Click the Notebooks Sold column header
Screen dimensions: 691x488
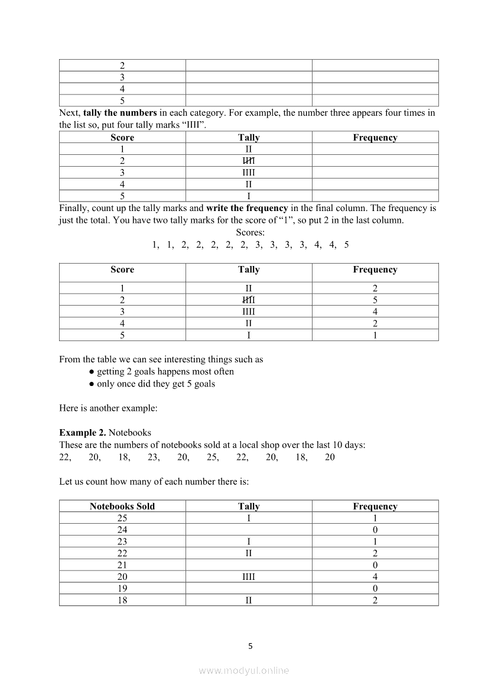tap(122, 506)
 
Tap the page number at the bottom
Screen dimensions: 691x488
tap(250, 646)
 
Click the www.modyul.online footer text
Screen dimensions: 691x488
tap(244, 670)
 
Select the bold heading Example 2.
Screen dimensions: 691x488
tap(83, 433)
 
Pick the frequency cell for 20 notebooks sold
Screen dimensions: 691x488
tap(375, 577)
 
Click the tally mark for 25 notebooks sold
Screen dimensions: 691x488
tap(249, 518)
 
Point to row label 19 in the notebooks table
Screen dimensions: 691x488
tap(122, 589)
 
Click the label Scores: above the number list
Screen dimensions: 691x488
tap(250, 232)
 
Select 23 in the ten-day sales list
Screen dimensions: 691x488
tap(154, 457)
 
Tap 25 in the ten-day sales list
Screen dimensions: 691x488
tap(213, 457)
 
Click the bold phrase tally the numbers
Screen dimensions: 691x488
tap(120, 113)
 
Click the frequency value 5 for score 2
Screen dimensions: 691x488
tap(375, 300)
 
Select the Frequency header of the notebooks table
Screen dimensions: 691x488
tap(375, 506)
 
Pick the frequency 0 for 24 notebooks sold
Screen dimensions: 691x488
tap(375, 530)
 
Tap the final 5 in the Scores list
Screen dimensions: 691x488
tap(346, 245)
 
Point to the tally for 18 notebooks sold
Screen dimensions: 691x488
tap(249, 601)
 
